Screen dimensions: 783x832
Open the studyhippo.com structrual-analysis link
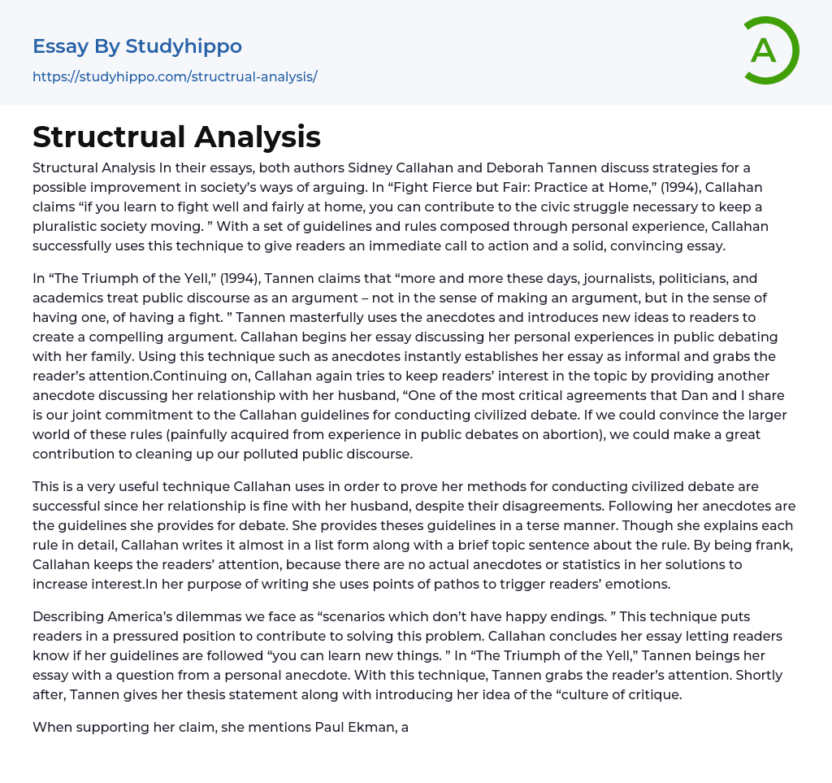click(175, 77)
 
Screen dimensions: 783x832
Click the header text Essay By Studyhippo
click(137, 46)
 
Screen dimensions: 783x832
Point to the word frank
click(774, 545)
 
